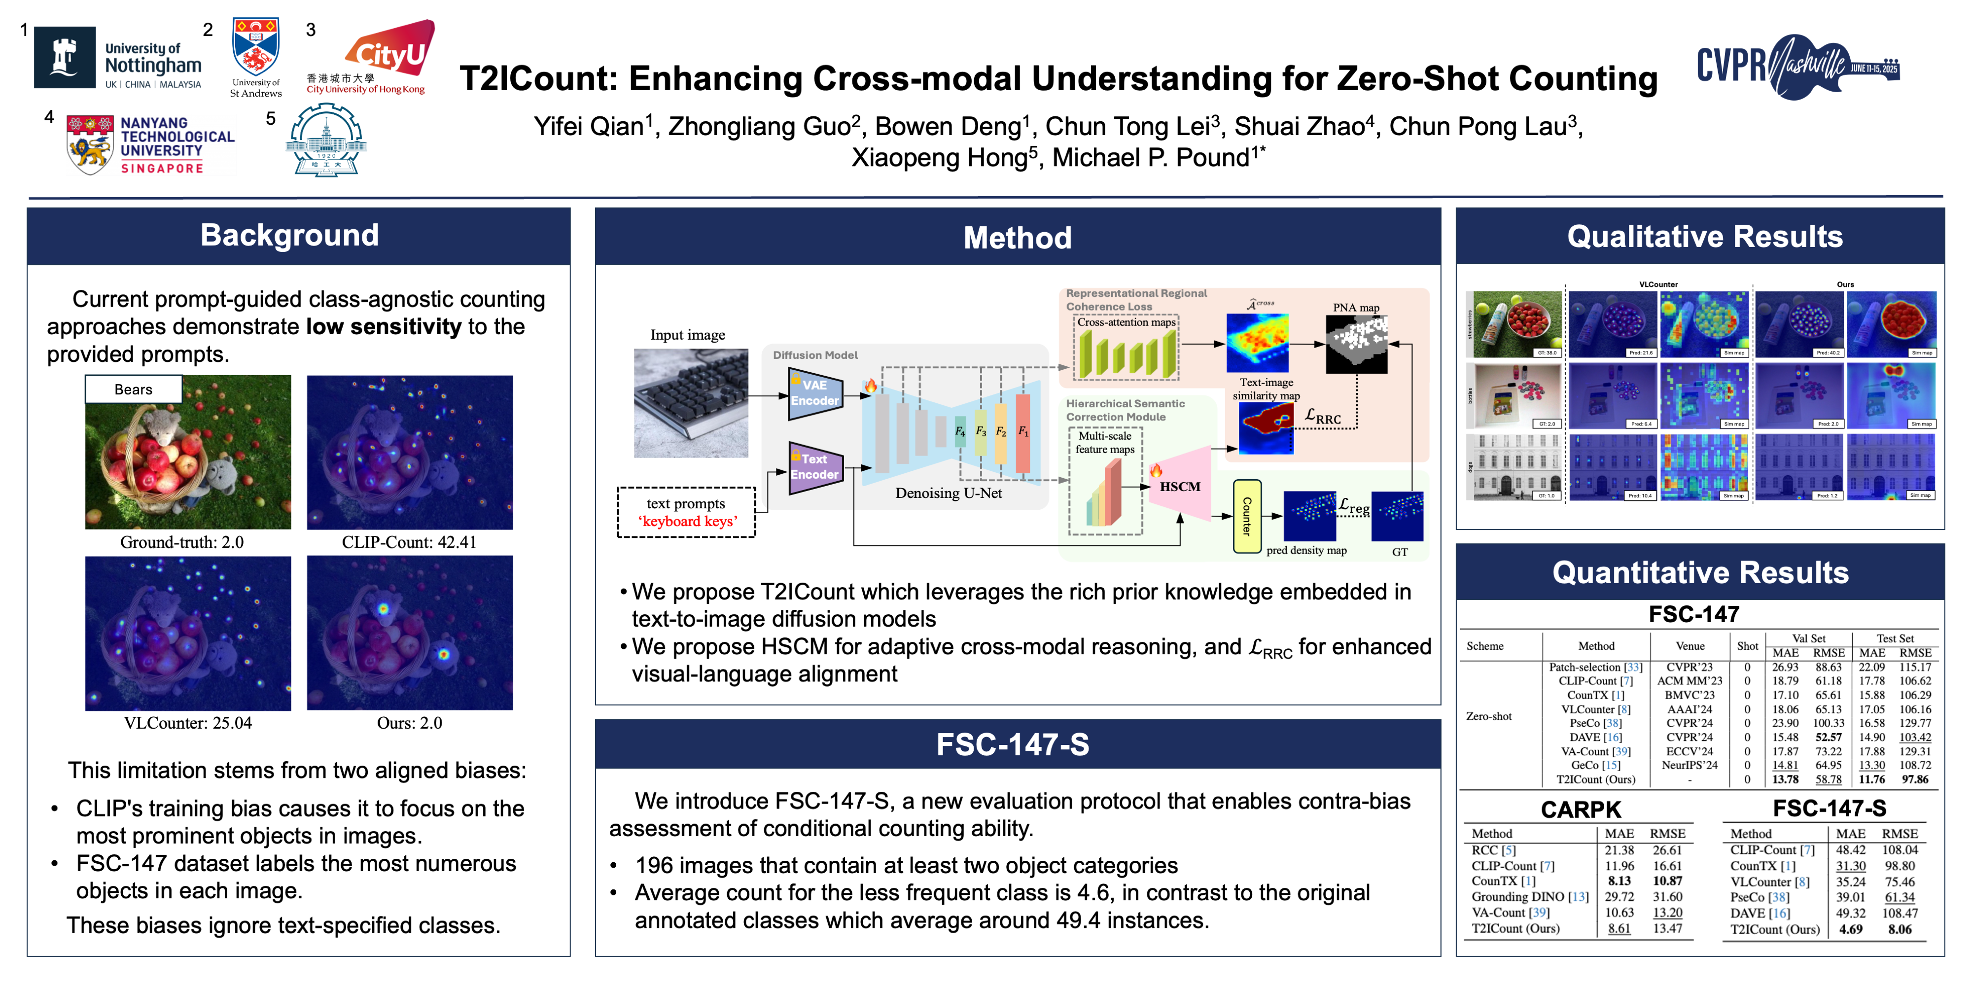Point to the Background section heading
(289, 235)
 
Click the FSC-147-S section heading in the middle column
(1012, 744)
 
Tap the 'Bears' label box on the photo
(133, 389)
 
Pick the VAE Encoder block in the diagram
(814, 393)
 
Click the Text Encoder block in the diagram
(814, 466)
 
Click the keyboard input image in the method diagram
(691, 403)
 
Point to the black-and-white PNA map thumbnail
(1356, 345)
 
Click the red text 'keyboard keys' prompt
(687, 521)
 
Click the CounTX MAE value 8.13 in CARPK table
(1619, 881)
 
